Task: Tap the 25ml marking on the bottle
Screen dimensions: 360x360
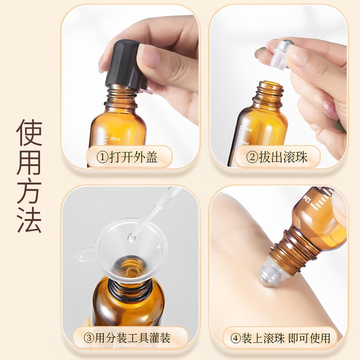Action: click(x=115, y=139)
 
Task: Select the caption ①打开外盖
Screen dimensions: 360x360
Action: click(x=127, y=157)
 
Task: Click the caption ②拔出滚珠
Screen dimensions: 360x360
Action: click(x=277, y=157)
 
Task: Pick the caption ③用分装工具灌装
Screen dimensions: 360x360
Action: click(x=127, y=338)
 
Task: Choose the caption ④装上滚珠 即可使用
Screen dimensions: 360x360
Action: click(x=280, y=338)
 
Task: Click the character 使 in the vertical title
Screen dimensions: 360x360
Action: click(x=29, y=132)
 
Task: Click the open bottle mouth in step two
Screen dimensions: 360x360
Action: click(x=270, y=84)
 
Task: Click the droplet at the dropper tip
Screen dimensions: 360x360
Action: click(x=131, y=237)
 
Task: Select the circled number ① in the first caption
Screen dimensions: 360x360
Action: click(x=102, y=157)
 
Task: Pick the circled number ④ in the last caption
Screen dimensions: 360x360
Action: click(x=236, y=339)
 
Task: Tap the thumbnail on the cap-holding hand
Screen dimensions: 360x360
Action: click(x=148, y=56)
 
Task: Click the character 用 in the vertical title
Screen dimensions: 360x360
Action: click(x=29, y=162)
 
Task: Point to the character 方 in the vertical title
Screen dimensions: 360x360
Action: click(x=29, y=191)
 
